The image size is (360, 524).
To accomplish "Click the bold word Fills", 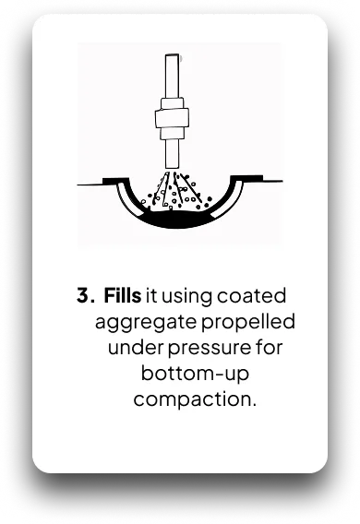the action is pyautogui.click(x=122, y=295).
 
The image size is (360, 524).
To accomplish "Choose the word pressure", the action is pyautogui.click(x=209, y=349).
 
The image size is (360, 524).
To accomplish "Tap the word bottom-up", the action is pyautogui.click(x=195, y=373).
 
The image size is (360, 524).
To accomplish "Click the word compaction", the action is pyautogui.click(x=195, y=399).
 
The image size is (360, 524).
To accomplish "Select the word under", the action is pyautogui.click(x=136, y=348).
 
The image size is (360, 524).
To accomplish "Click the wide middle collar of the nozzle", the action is pyautogui.click(x=172, y=118).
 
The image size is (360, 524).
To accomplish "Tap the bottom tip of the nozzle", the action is pyautogui.click(x=172, y=168).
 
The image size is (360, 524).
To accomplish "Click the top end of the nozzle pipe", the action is pyautogui.click(x=172, y=55).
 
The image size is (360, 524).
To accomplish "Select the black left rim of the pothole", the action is pyautogui.click(x=115, y=181).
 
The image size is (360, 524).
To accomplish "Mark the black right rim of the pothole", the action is pyautogui.click(x=246, y=178).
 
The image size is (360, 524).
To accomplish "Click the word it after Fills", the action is pyautogui.click(x=151, y=296).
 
